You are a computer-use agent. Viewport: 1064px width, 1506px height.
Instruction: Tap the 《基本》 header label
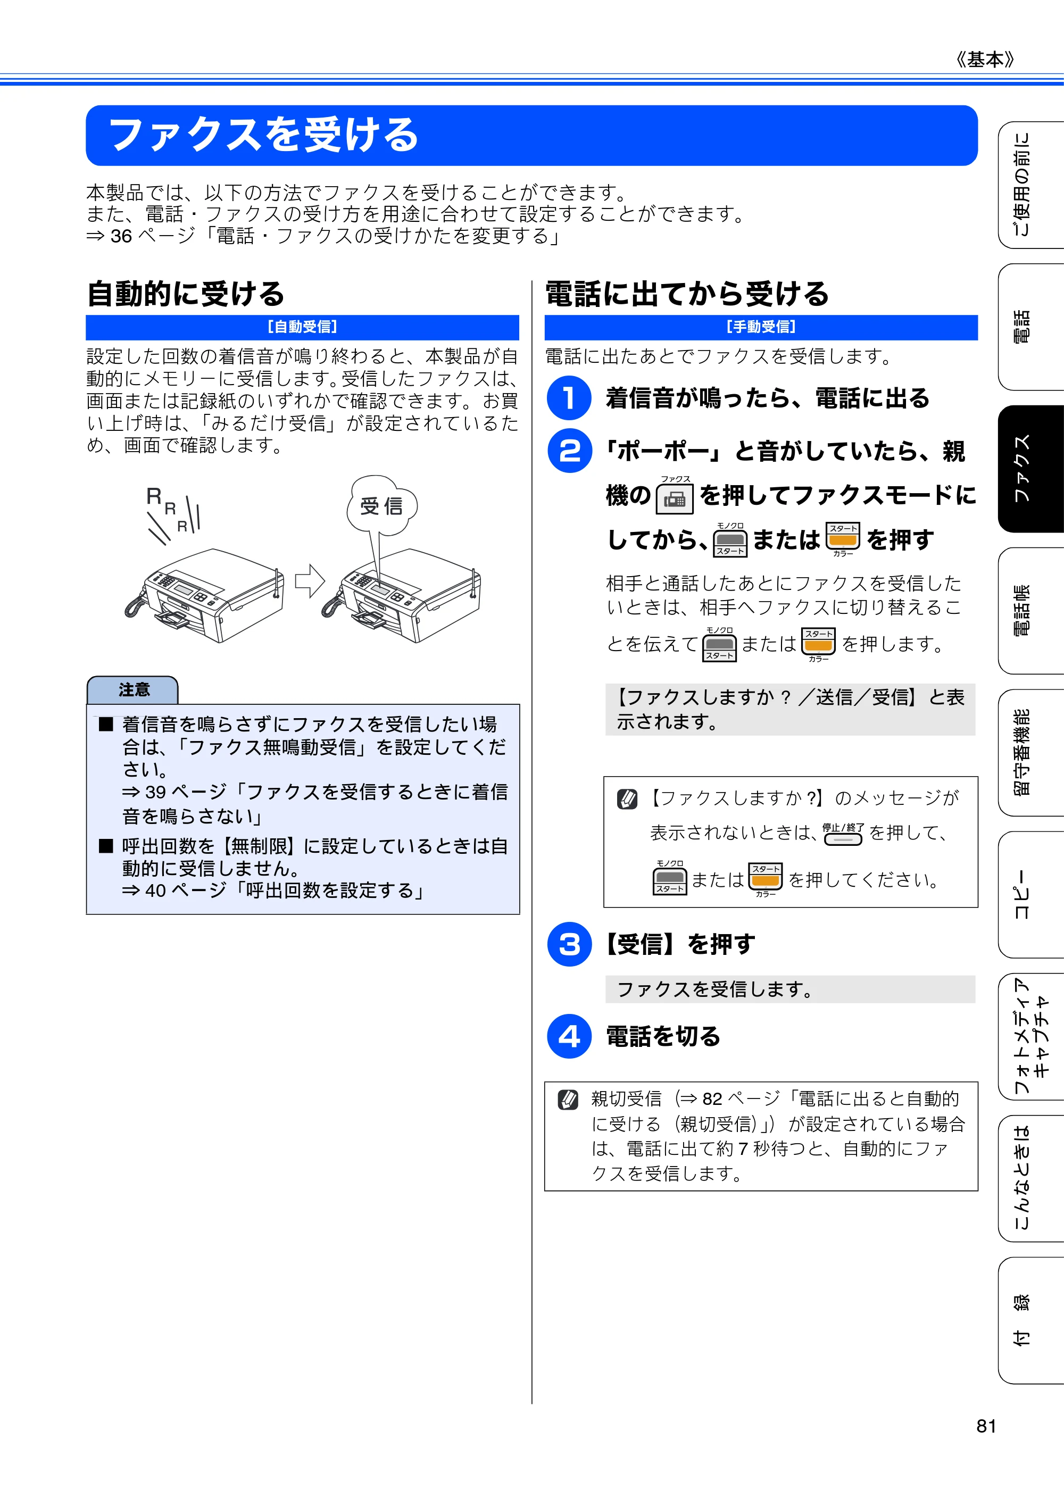pos(985,60)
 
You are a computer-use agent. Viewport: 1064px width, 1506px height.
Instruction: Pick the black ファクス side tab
pos(1030,468)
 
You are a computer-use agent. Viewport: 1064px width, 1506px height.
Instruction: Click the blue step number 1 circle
pos(569,397)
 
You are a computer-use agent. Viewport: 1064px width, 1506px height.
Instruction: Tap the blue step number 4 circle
pos(569,1036)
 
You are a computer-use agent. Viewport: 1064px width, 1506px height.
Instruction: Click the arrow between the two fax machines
pos(310,580)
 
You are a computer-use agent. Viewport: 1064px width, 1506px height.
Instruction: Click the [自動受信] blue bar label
pos(302,327)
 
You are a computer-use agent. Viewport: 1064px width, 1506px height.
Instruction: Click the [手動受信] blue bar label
pos(761,327)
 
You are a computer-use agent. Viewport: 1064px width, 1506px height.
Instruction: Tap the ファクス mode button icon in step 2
pos(675,498)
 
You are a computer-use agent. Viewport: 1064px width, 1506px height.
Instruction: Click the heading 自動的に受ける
pos(186,293)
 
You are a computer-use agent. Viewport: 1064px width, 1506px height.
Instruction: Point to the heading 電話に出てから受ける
pos(687,293)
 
